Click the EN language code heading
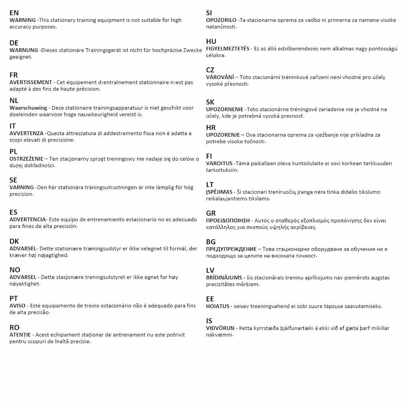[x=14, y=13]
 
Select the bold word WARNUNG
[x=24, y=50]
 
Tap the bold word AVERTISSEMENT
[x=31, y=82]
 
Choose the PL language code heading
[x=14, y=151]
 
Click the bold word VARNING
[x=22, y=187]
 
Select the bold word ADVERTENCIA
[x=27, y=220]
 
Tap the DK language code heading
[x=14, y=241]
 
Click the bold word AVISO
[x=18, y=306]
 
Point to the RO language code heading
[x=14, y=328]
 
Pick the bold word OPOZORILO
[x=221, y=20]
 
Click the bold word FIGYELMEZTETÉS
[x=228, y=49]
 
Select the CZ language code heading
[x=210, y=70]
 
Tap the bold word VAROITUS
[x=219, y=163]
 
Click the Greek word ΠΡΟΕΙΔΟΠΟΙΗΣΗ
[x=228, y=220]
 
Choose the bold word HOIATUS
[x=218, y=306]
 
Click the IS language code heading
[x=209, y=321]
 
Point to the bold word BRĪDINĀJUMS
[x=224, y=278]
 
